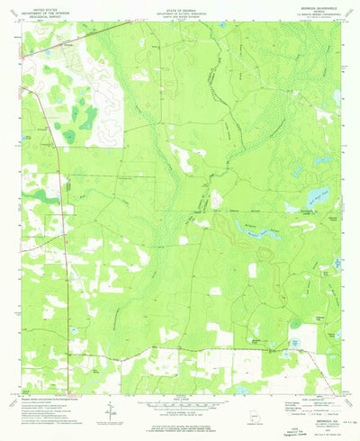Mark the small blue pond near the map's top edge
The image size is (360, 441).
coord(220,25)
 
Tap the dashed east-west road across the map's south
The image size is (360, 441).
coord(180,348)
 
